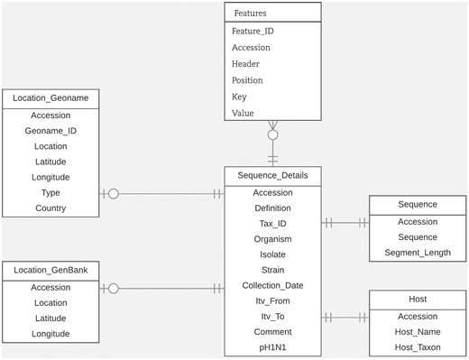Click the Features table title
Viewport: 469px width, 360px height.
pyautogui.click(x=250, y=14)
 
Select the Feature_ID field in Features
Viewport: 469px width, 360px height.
pyautogui.click(x=253, y=31)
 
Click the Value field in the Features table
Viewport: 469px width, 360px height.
pyautogui.click(x=244, y=113)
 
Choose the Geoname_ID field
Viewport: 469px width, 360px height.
pyautogui.click(x=51, y=131)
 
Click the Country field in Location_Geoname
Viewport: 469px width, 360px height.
pyautogui.click(x=51, y=208)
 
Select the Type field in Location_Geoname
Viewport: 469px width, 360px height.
pyautogui.click(x=51, y=193)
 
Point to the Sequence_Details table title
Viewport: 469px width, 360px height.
pyautogui.click(x=272, y=175)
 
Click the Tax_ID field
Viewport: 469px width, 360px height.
pyautogui.click(x=272, y=223)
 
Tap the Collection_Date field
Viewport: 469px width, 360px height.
pyautogui.click(x=272, y=285)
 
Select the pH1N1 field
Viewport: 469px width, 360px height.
pyautogui.click(x=272, y=347)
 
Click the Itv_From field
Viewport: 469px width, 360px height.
pyautogui.click(x=272, y=301)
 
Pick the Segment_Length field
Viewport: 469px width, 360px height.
pyautogui.click(x=418, y=252)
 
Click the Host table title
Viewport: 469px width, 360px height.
pyautogui.click(x=418, y=298)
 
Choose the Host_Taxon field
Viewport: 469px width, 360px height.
pyautogui.click(x=418, y=347)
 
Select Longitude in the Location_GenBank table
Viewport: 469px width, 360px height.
pyautogui.click(x=51, y=334)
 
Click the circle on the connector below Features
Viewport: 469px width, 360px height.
pyautogui.click(x=272, y=135)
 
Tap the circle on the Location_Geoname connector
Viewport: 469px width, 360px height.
pyautogui.click(x=114, y=193)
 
